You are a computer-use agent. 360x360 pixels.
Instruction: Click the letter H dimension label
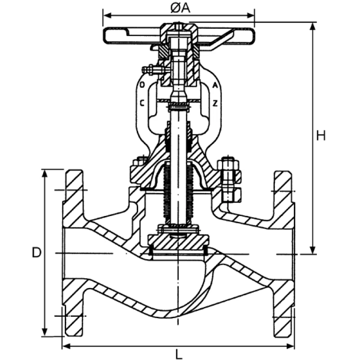tap(320, 135)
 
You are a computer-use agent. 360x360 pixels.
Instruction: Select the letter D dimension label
tap(36, 253)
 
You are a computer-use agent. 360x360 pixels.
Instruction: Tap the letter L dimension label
tap(179, 354)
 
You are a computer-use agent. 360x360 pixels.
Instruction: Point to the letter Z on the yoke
tap(216, 103)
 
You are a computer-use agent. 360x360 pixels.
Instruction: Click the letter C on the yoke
tap(142, 103)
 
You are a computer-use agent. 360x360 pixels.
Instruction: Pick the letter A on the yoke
tap(216, 85)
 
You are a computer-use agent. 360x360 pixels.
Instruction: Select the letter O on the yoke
tap(142, 85)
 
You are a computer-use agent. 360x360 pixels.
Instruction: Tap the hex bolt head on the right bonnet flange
tap(229, 165)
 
